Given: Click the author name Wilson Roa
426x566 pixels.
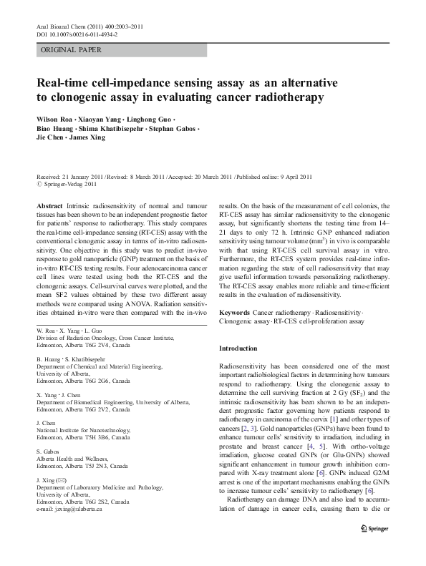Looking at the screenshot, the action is (57, 118).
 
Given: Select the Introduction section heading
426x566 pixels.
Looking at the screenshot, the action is (238, 348).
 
